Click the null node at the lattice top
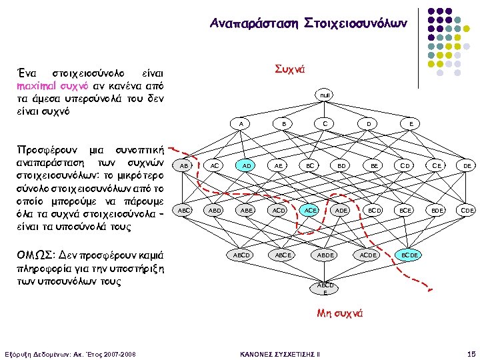325,95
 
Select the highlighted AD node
247,165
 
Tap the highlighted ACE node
309,210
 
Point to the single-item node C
325,123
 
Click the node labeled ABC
183,210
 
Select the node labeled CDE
467,210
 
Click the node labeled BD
341,165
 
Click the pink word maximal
42,85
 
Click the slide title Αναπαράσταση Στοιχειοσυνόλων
309,23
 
